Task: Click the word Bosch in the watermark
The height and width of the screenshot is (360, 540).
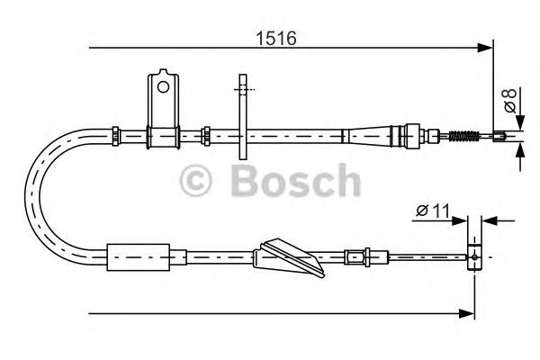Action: click(x=295, y=182)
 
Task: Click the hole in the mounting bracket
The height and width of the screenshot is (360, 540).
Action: click(x=163, y=87)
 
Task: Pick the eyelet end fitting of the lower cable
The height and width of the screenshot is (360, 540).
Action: click(x=474, y=255)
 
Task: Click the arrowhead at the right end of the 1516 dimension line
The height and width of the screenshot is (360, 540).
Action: click(x=487, y=46)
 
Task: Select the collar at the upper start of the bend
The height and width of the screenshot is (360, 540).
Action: click(x=115, y=135)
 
